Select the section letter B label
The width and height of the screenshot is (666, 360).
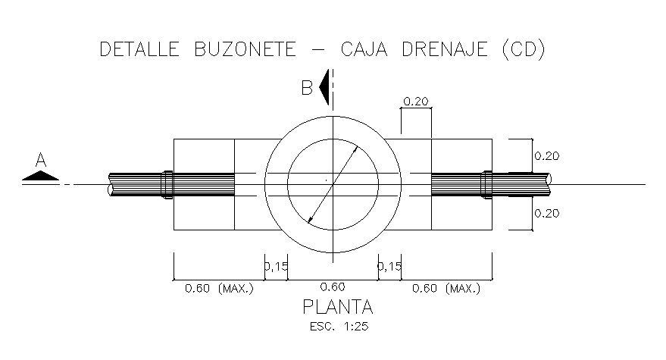coord(307,88)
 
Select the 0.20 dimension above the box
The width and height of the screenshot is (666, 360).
coord(416,101)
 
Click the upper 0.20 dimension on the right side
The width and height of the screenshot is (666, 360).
coord(547,156)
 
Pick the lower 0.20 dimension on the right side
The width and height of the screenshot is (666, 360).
coord(547,213)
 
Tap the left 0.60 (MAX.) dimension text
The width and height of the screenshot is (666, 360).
coord(217,288)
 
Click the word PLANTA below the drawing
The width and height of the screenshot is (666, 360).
coord(338,308)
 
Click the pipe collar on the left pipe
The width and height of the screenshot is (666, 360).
coord(167,184)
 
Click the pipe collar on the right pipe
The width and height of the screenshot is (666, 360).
coord(488,184)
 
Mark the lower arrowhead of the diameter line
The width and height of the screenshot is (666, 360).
coord(311,219)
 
